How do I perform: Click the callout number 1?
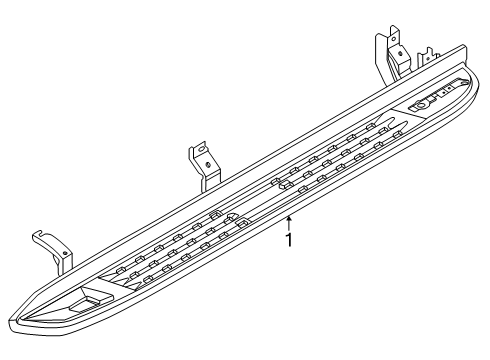pyautogui.click(x=289, y=240)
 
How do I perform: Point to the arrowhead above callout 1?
pyautogui.click(x=289, y=217)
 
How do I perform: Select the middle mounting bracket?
pyautogui.click(x=203, y=166)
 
